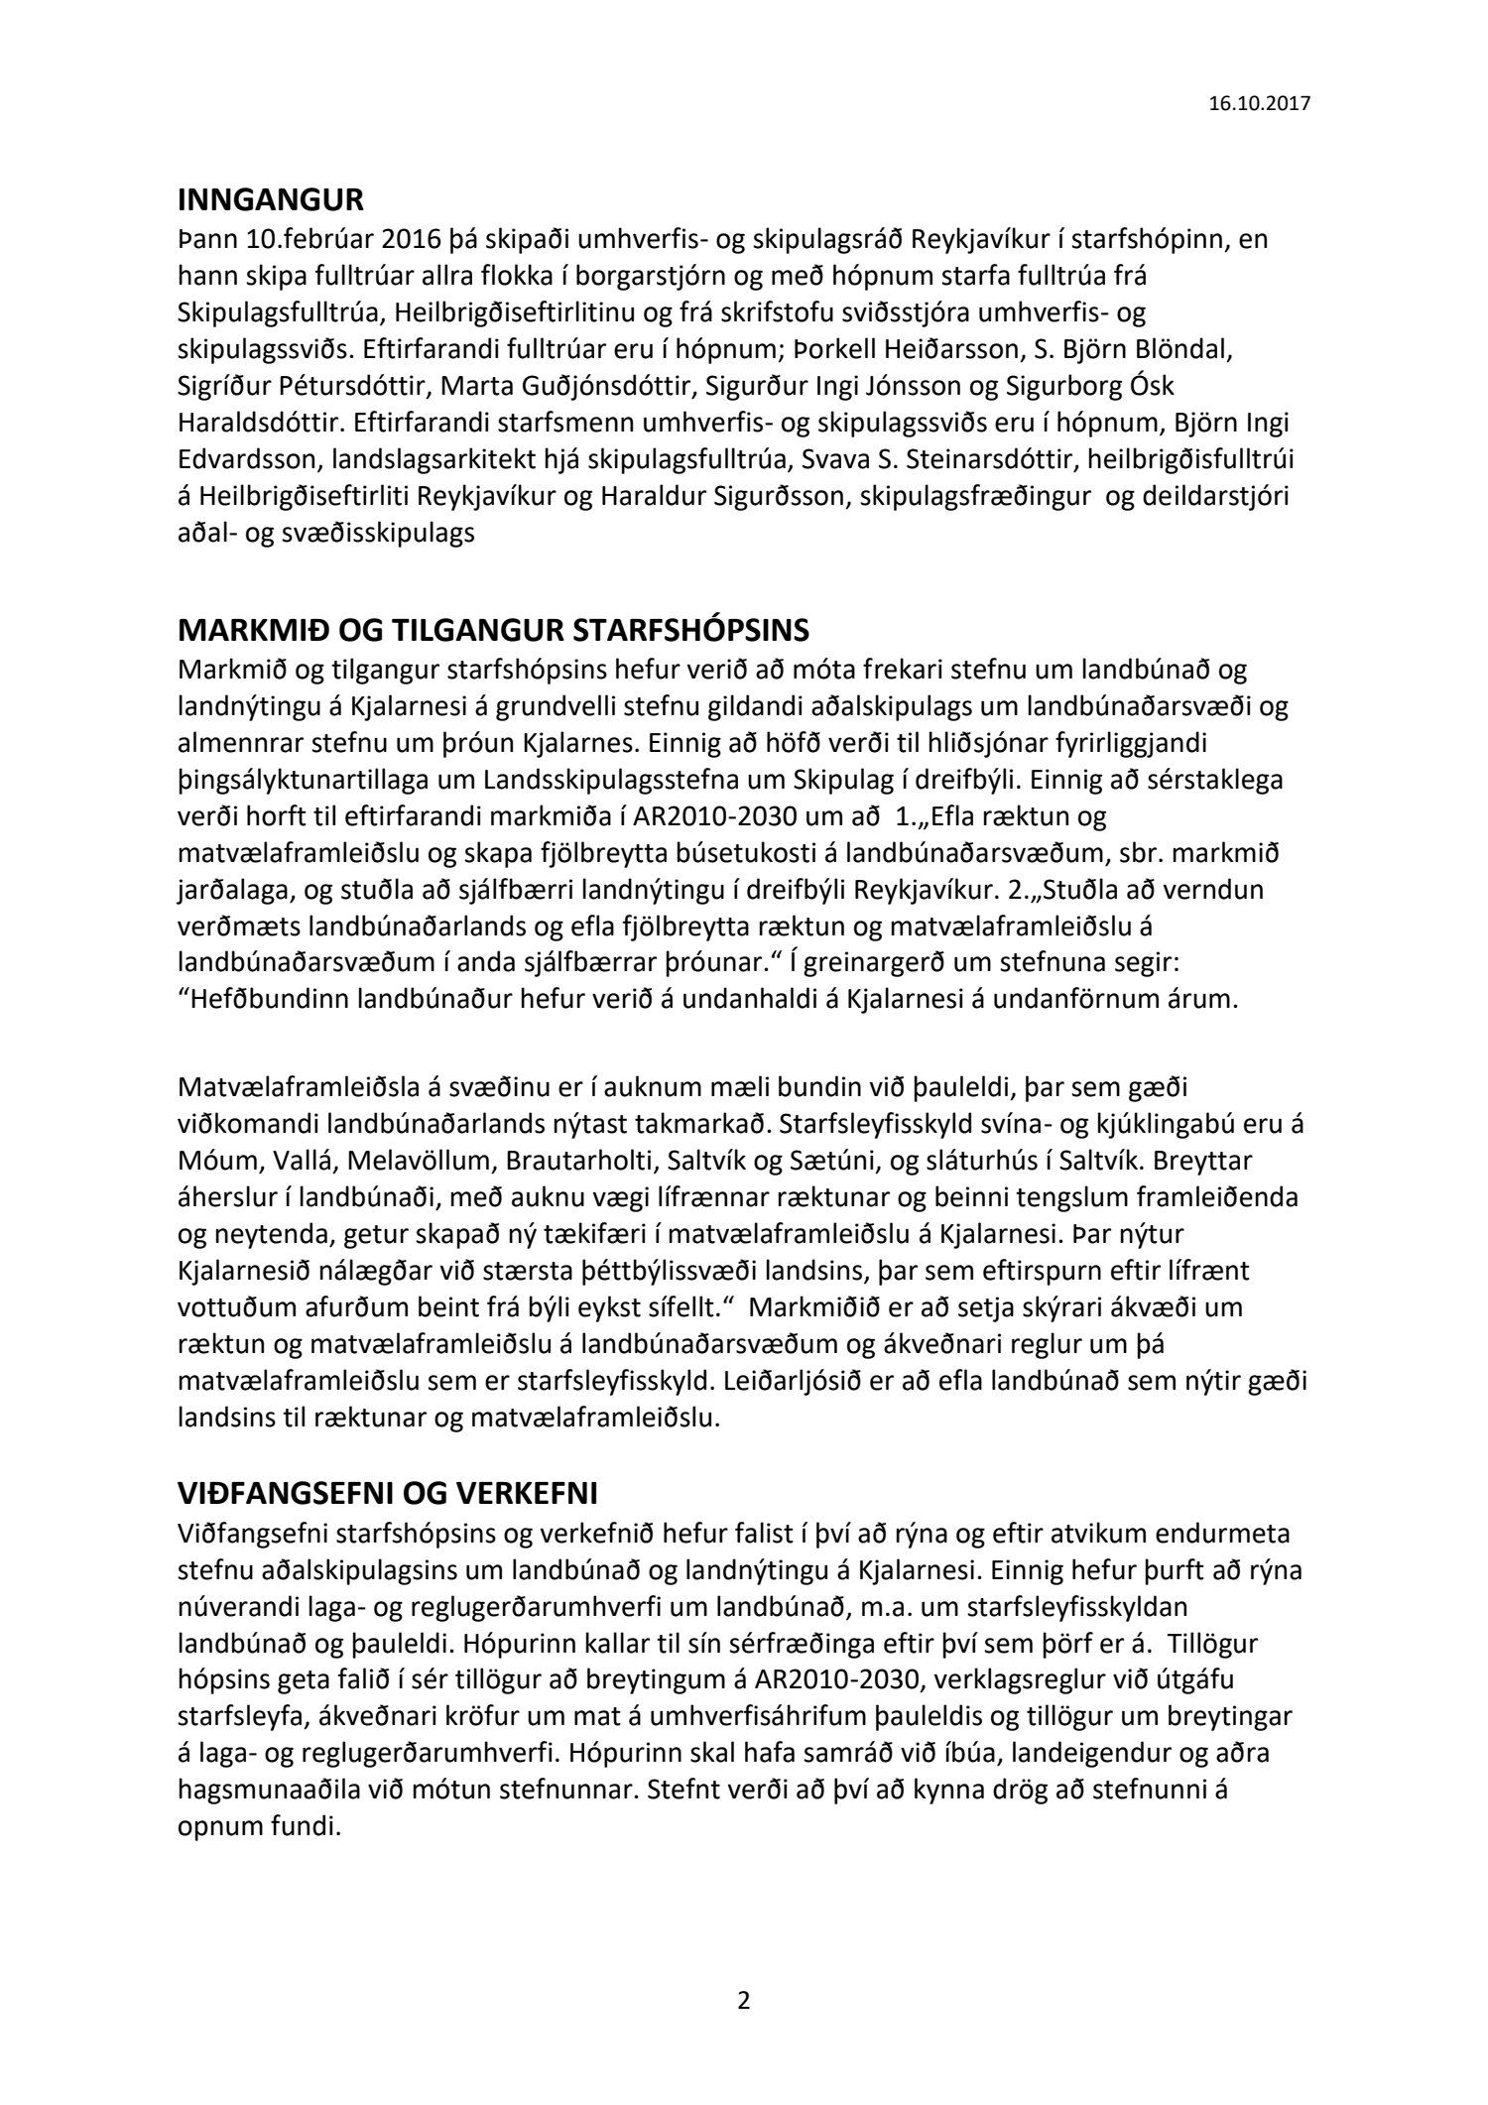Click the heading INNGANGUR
pos(270,201)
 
